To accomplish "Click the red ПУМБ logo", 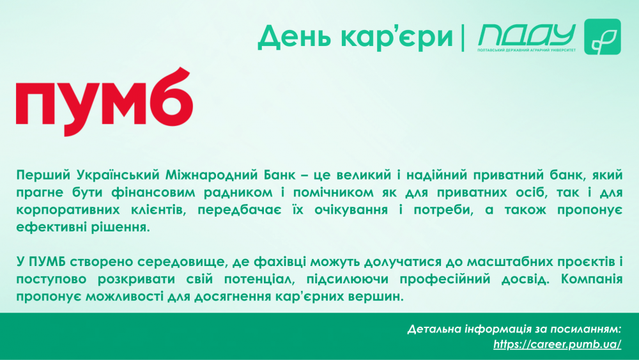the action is pos(104,102).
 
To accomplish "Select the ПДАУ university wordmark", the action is pos(527,35).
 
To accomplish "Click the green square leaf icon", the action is pos(603,36).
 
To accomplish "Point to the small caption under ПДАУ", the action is pos(527,50).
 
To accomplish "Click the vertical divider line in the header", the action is pos(463,38).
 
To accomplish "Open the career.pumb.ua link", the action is pos(557,345).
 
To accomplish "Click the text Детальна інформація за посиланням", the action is pos(514,329).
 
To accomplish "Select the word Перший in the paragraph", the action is pos(43,175).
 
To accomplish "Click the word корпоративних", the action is pos(68,210).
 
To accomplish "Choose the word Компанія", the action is pos(592,279).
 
